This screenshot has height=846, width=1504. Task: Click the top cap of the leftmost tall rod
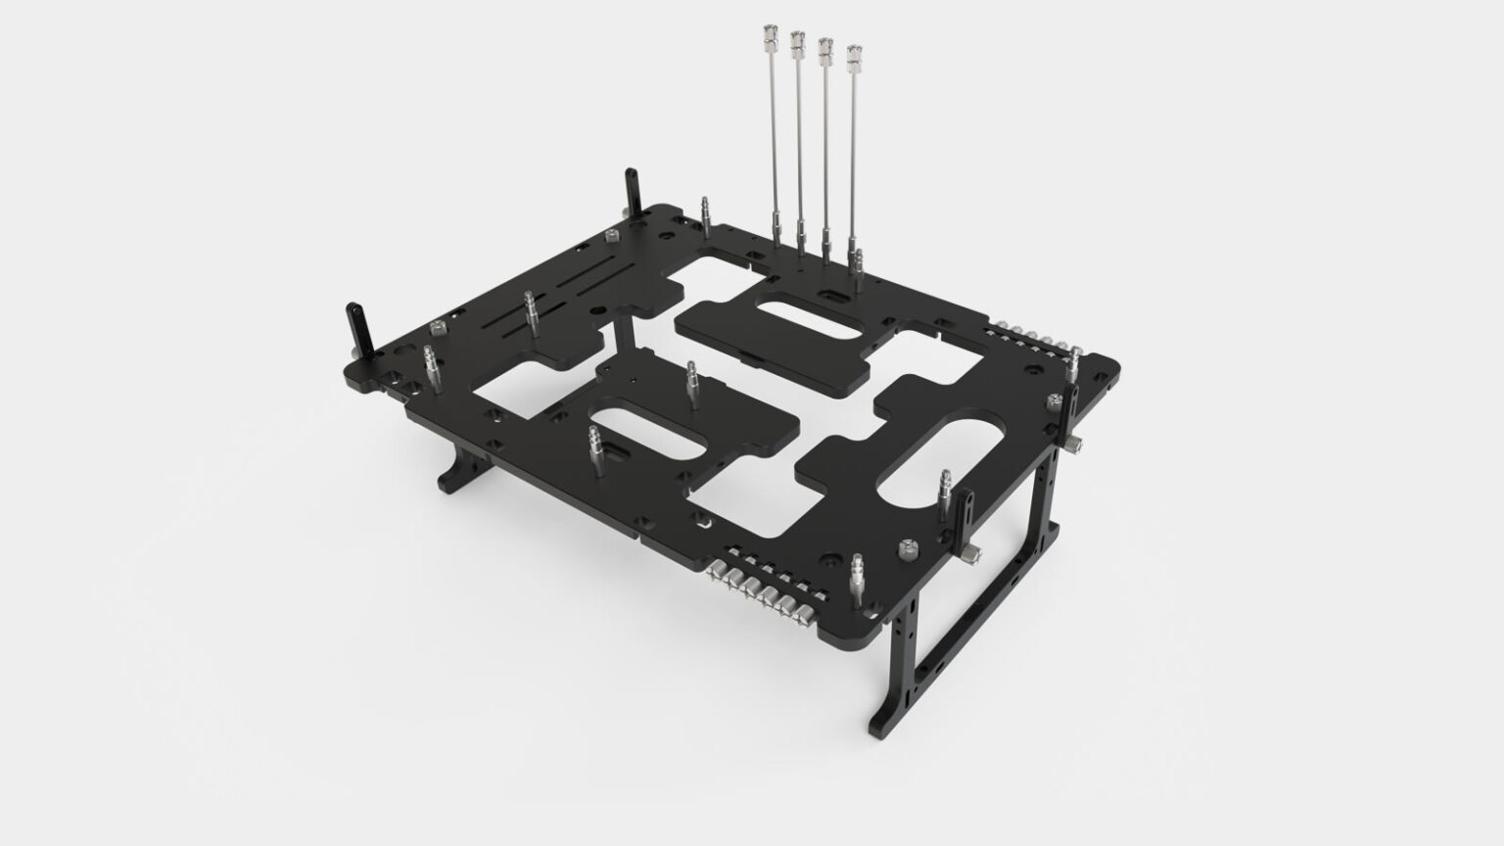click(x=768, y=42)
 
